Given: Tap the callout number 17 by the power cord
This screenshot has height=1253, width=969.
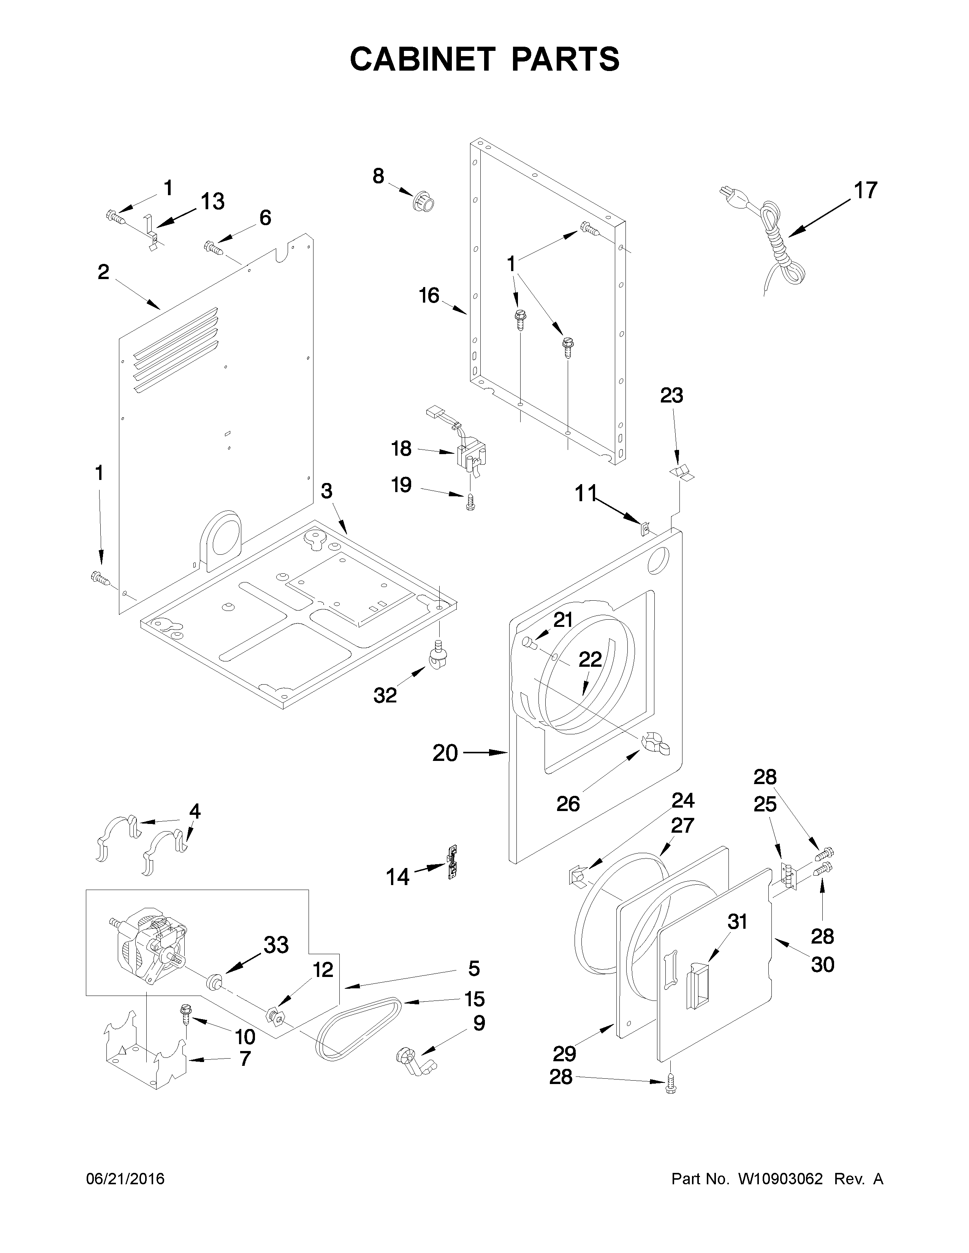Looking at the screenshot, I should tap(865, 191).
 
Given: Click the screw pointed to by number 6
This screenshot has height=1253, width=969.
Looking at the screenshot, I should tap(212, 248).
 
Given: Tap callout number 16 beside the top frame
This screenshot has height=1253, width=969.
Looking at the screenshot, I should tap(429, 296).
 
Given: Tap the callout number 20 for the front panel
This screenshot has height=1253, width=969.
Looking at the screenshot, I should tap(445, 752).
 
